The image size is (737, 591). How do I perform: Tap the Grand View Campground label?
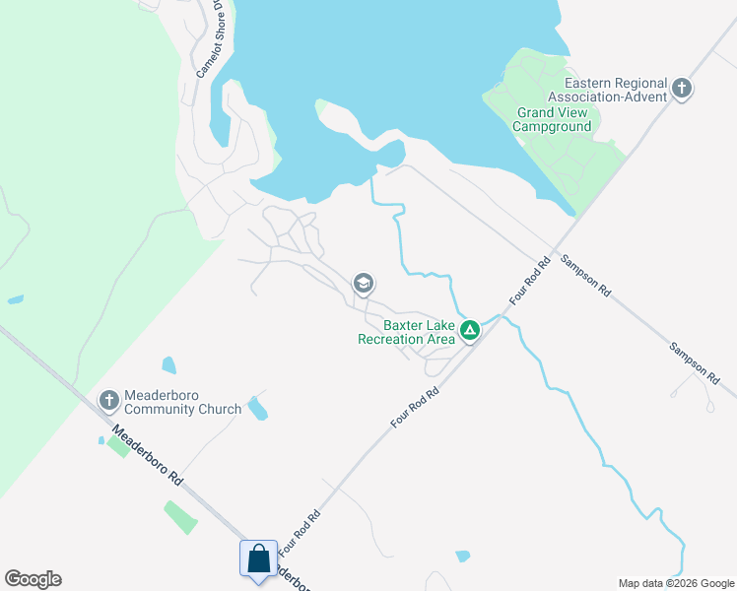(554, 119)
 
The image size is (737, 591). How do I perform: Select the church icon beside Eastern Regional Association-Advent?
(682, 91)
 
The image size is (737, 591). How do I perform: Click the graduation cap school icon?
(363, 285)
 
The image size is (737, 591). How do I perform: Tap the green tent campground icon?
(471, 331)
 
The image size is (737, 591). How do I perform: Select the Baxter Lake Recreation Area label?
(406, 332)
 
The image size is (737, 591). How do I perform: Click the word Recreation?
(392, 339)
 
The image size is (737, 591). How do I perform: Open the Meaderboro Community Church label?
(182, 403)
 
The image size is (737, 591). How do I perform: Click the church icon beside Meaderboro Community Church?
(109, 400)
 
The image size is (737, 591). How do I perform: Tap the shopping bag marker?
(258, 558)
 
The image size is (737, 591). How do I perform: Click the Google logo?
(33, 579)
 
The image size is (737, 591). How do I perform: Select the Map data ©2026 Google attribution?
(676, 583)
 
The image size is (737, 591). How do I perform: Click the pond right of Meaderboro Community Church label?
(257, 407)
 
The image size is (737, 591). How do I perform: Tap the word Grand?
(535, 112)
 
